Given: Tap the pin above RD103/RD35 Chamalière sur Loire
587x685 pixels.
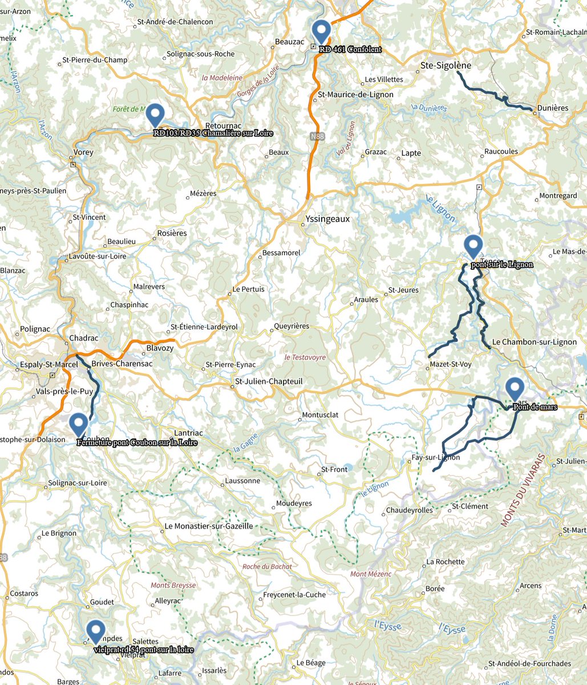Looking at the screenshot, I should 155,115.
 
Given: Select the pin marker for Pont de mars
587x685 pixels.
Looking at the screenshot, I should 515,389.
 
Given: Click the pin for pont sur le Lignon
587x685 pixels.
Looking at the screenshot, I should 473,246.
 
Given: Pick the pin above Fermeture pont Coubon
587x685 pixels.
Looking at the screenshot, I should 78,424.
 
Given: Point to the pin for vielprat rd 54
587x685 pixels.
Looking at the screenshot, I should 95,631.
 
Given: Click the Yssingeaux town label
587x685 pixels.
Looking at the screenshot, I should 328,219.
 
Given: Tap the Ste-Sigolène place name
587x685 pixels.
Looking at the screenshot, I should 446,66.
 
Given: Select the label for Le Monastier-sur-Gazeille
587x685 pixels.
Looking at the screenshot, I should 208,526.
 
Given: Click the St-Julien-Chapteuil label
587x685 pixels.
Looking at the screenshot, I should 269,381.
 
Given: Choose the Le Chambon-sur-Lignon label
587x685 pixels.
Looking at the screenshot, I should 534,342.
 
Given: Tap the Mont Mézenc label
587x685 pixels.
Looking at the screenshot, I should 371,574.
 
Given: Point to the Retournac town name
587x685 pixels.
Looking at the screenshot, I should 223,125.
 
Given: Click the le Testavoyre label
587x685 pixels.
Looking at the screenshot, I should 305,357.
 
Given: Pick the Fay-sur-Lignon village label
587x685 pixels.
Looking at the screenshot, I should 435,457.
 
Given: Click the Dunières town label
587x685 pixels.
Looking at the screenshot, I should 553,108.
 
